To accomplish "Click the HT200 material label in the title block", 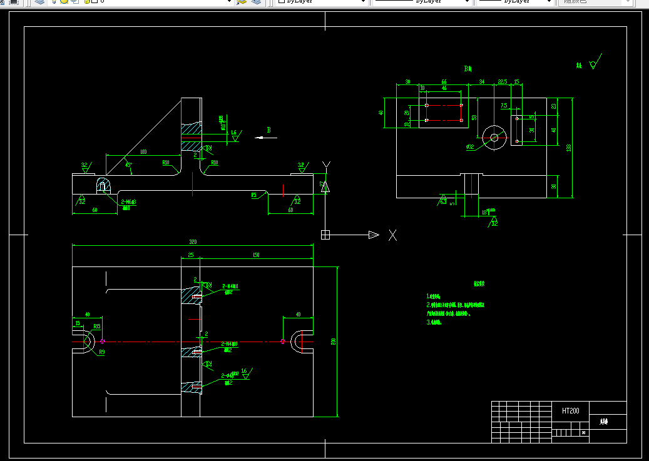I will click(570, 411).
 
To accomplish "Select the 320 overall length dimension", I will click(192, 242).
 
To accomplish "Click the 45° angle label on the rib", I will click(128, 165).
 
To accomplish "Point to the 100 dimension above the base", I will click(143, 152).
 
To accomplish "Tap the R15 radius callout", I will click(97, 327).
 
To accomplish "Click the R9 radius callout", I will click(101, 352).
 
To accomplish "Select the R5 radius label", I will click(254, 195).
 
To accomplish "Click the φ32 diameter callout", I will click(470, 147).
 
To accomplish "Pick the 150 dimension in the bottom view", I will click(256, 255).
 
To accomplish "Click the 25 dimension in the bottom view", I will click(190, 255).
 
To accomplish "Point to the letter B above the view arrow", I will click(268, 130).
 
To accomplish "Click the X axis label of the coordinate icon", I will click(392, 235).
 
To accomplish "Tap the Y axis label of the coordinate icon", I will click(325, 165).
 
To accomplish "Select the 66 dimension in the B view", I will click(444, 82).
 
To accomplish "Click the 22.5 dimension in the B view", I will click(502, 82).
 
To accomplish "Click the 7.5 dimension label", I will click(504, 106).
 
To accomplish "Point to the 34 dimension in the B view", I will click(481, 82).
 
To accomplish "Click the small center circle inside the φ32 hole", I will click(494, 138).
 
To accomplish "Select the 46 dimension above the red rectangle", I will click(444, 89).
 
